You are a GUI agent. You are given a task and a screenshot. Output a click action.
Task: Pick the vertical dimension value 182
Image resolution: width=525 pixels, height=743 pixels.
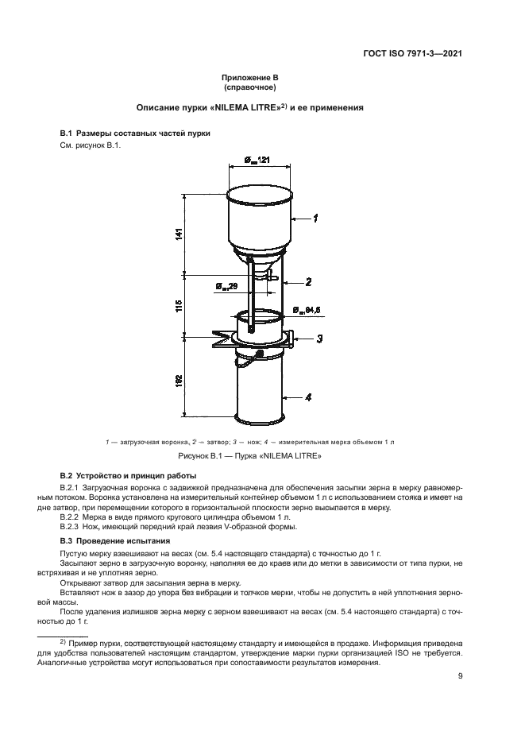(x=179, y=380)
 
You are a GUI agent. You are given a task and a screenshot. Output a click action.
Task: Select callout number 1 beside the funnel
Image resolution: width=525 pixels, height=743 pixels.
(x=316, y=217)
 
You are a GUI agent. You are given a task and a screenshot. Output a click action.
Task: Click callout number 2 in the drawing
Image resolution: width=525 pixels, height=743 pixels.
(x=307, y=281)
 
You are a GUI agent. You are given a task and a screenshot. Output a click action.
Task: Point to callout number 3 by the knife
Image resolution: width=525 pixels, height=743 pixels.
(x=318, y=339)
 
